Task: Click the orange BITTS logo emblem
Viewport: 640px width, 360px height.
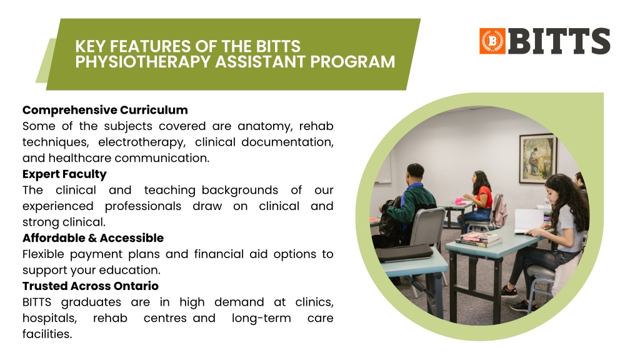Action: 492,41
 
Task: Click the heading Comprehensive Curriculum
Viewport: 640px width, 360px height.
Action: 105,110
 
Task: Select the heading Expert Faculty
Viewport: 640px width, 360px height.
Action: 64,174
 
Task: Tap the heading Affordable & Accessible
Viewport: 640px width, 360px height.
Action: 93,238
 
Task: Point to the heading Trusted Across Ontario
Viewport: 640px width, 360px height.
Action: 91,286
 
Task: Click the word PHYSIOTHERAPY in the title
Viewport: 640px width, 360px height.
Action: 143,62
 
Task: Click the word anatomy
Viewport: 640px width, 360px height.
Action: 265,126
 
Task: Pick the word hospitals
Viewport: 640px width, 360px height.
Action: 49,318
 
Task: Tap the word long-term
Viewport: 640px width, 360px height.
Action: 261,318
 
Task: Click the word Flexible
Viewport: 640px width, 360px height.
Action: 43,254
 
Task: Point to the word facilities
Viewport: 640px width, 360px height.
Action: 47,334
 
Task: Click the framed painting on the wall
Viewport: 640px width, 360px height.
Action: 537,158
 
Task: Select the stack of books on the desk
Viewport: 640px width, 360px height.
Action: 478,239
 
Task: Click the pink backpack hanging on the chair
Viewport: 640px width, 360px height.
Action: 501,211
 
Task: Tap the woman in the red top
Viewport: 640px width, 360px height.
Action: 478,200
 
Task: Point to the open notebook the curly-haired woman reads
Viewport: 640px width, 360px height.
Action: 529,221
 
